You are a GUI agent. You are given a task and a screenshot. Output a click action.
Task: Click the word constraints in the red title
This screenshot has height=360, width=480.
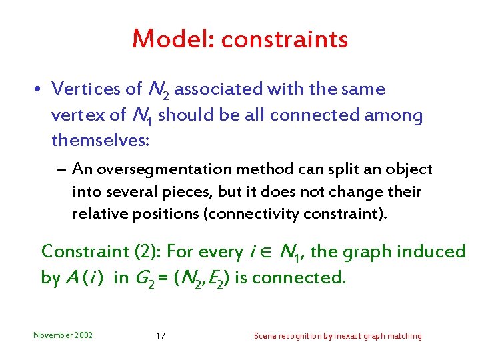[285, 40]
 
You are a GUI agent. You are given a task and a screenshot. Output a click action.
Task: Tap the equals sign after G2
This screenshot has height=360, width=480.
[163, 278]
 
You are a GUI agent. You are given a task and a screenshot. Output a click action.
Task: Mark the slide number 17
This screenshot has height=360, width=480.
[160, 335]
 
